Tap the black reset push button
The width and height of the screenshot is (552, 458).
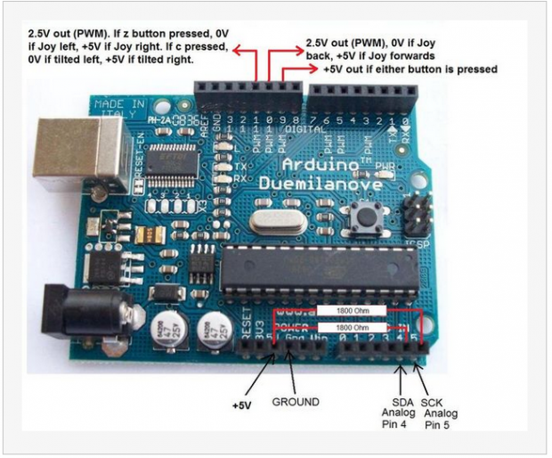[364, 215]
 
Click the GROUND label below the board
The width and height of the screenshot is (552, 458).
[295, 402]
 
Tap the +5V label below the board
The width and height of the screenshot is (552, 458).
[243, 405]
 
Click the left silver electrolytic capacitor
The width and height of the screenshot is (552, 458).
[167, 332]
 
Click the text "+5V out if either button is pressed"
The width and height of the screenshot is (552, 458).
[410, 69]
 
